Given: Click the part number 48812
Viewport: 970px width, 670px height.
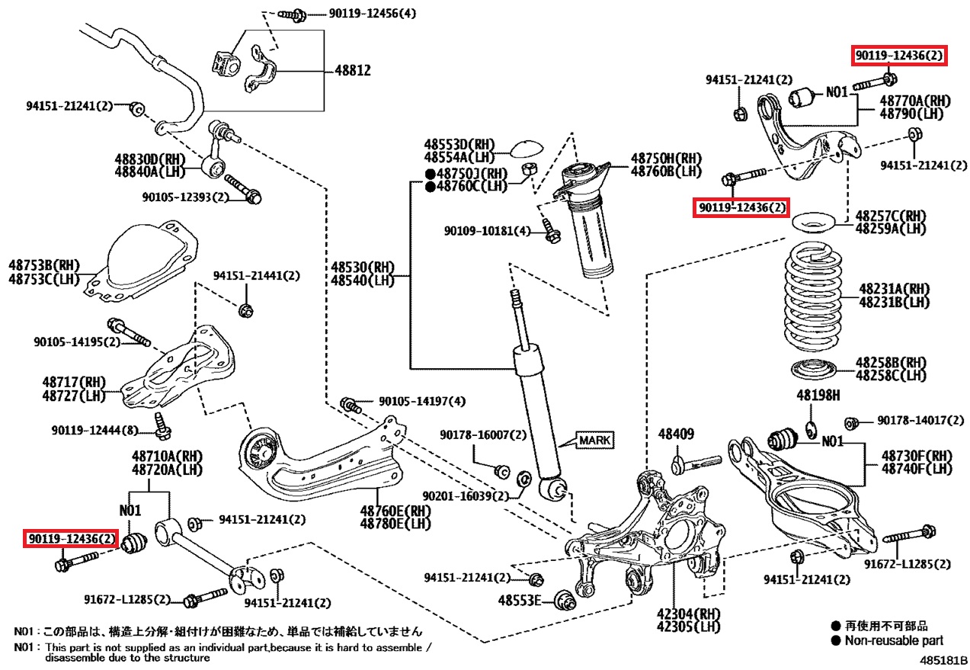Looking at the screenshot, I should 352,71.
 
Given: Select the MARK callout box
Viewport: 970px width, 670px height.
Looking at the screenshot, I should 594,440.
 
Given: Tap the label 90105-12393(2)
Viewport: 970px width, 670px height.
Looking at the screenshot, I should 185,197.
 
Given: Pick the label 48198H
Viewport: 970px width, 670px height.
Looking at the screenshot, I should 818,396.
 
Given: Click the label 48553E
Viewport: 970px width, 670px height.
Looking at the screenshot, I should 520,600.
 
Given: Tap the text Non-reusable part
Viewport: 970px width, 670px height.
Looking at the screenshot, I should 893,641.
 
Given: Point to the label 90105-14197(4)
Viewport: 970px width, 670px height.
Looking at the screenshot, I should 421,401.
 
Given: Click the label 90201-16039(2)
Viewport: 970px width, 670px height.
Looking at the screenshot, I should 465,496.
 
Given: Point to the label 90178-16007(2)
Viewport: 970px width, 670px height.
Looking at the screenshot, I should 482,434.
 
